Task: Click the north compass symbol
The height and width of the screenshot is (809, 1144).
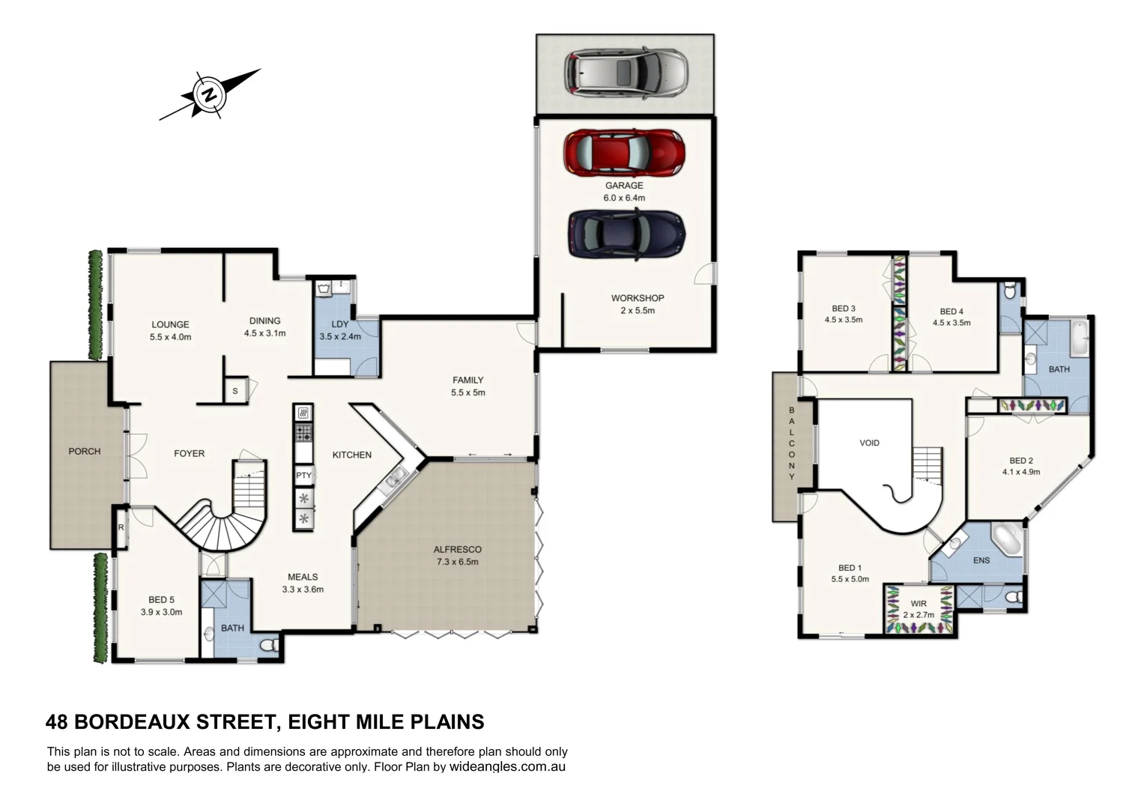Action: pyautogui.click(x=210, y=94)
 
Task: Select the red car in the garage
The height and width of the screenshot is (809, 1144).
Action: pyautogui.click(x=623, y=151)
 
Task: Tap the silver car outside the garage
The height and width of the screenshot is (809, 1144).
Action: pyautogui.click(x=625, y=73)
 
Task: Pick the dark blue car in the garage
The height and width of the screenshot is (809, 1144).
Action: pyautogui.click(x=626, y=234)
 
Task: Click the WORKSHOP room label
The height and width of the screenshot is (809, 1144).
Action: pyautogui.click(x=637, y=298)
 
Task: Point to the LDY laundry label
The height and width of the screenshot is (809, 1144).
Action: pyautogui.click(x=339, y=324)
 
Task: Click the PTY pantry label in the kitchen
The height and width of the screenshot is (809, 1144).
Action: pyautogui.click(x=303, y=476)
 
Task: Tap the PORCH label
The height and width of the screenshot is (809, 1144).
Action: pyautogui.click(x=85, y=451)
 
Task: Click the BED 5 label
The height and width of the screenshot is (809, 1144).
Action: pyautogui.click(x=161, y=599)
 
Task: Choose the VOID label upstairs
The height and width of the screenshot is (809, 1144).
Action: pyautogui.click(x=869, y=443)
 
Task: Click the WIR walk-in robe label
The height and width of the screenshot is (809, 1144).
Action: pyautogui.click(x=918, y=604)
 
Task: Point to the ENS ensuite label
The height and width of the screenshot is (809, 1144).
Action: pyautogui.click(x=981, y=560)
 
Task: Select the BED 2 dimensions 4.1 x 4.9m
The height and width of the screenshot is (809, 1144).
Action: pyautogui.click(x=1020, y=472)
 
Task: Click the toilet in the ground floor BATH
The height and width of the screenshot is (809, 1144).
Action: pyautogui.click(x=269, y=644)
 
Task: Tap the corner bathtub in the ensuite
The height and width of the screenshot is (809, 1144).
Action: pyautogui.click(x=1008, y=539)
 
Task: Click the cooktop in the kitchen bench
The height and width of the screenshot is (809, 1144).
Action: pyautogui.click(x=303, y=432)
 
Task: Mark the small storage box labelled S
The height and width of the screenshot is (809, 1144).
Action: pyautogui.click(x=234, y=391)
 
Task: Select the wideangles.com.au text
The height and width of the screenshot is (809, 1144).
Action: pyautogui.click(x=507, y=767)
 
